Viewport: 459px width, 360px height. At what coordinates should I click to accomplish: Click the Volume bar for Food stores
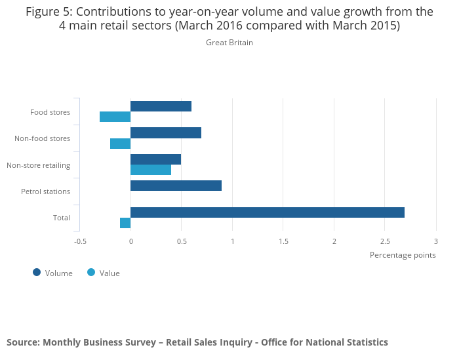click(x=161, y=106)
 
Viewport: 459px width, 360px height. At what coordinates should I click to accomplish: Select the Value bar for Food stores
click(x=115, y=117)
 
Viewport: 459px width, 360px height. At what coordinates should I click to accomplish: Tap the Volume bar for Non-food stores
click(x=166, y=132)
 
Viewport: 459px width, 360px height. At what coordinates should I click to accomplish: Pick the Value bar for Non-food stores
click(x=120, y=144)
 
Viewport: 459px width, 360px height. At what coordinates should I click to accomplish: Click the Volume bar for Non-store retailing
click(x=155, y=159)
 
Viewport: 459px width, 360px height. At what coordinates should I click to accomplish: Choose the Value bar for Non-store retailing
click(x=151, y=170)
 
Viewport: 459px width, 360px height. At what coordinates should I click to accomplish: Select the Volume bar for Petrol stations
click(x=176, y=186)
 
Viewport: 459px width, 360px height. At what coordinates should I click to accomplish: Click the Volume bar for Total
click(x=268, y=212)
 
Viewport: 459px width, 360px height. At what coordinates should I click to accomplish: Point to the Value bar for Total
click(x=125, y=223)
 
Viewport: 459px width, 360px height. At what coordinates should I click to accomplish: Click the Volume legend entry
click(x=52, y=273)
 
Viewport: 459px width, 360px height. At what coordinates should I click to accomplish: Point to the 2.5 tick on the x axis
click(x=385, y=241)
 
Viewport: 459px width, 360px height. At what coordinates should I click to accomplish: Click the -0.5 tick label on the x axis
click(x=80, y=241)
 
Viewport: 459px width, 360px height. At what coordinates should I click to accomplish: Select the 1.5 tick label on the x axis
click(x=283, y=241)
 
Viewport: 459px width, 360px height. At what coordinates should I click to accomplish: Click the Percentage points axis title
click(x=403, y=254)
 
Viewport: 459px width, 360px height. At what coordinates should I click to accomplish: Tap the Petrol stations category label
click(x=45, y=191)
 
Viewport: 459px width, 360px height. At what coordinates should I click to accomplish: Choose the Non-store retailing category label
click(x=38, y=165)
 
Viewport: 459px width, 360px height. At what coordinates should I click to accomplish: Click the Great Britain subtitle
click(x=229, y=43)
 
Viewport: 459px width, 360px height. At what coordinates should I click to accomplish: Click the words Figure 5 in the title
click(x=49, y=11)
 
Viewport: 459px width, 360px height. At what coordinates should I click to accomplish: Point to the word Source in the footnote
click(x=22, y=342)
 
